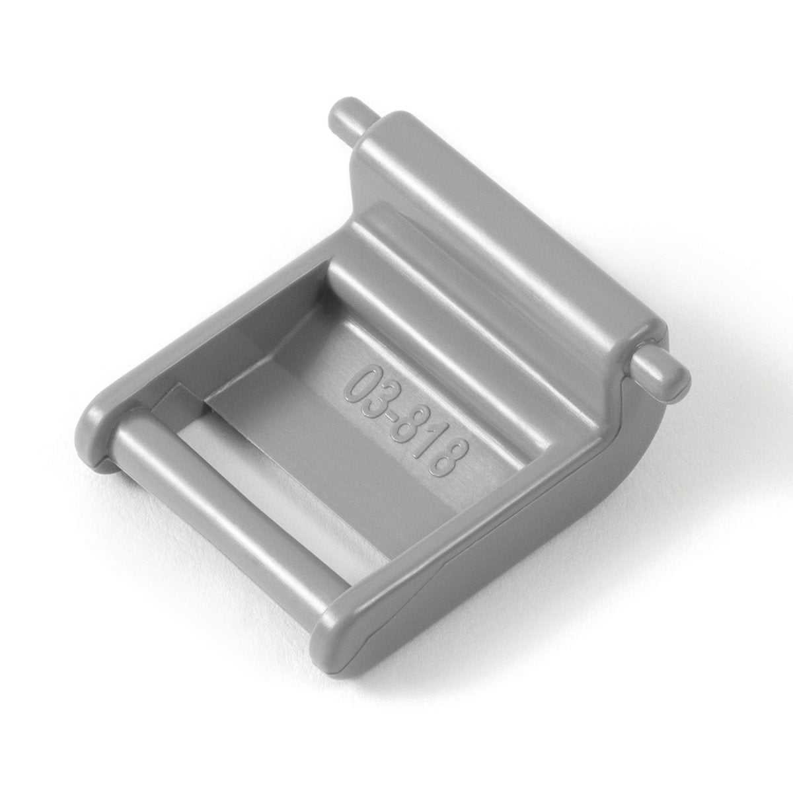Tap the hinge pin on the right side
[660, 377]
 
